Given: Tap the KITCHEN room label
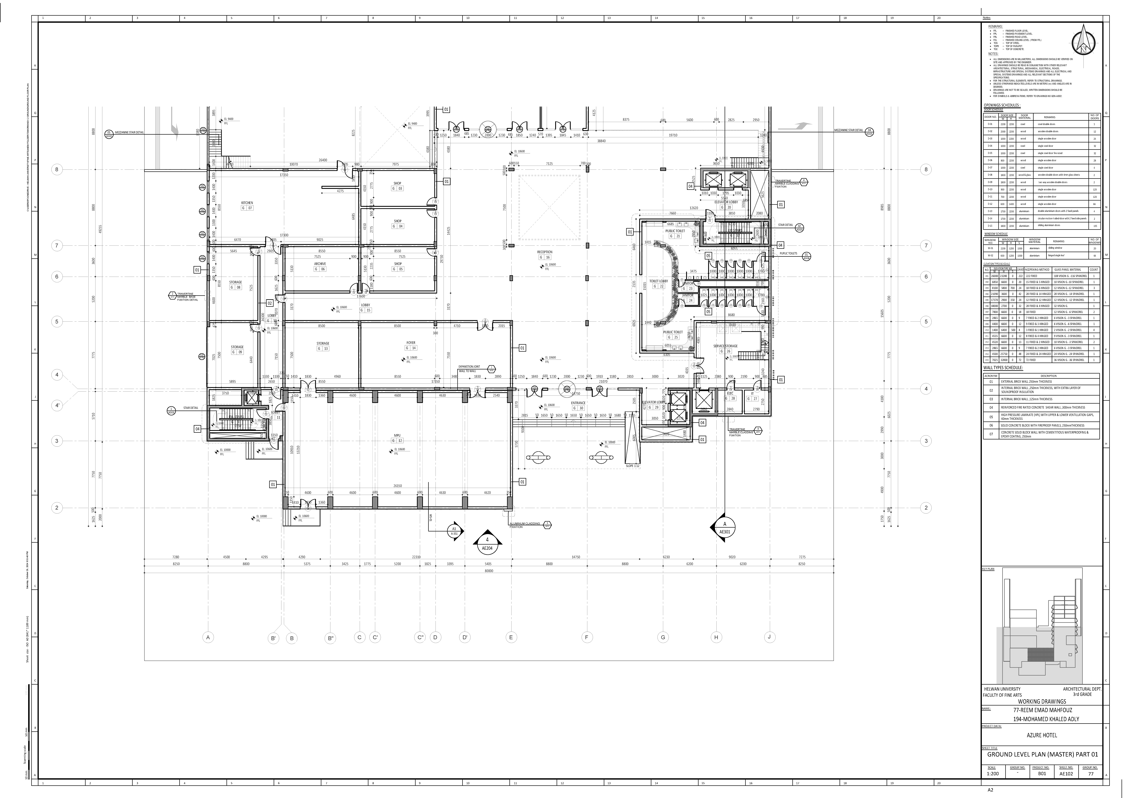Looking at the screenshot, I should pos(247,203).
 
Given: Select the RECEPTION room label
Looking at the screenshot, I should pos(545,252).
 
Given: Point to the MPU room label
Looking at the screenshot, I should pos(397,435).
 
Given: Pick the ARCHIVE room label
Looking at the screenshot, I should pos(320,264).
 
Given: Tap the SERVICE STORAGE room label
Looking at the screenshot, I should pos(725,346).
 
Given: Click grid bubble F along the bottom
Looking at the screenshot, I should pos(586,637).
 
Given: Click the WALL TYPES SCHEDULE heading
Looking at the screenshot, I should pos(1003,368).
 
